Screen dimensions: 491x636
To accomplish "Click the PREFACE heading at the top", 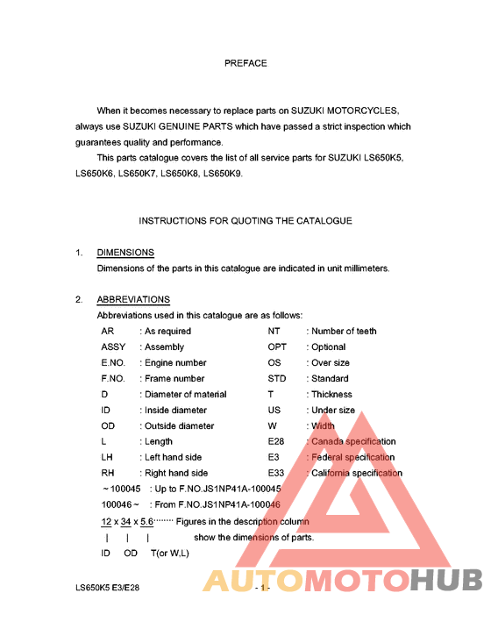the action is [x=245, y=63].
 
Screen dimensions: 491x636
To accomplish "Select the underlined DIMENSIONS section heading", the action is [x=125, y=253].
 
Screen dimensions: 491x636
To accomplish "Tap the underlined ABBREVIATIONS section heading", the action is [x=133, y=300].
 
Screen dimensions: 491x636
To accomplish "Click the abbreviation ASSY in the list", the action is [x=113, y=347].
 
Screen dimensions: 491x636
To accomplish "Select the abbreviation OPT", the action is [x=277, y=347].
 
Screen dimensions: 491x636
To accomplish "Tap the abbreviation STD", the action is [x=277, y=379].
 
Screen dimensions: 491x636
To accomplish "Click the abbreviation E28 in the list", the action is [x=277, y=442].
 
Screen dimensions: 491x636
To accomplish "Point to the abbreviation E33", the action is [x=277, y=474].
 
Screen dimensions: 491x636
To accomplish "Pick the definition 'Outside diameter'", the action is [x=179, y=426].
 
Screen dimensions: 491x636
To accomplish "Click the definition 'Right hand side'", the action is [x=175, y=474].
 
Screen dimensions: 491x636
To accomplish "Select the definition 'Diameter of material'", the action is [x=185, y=395].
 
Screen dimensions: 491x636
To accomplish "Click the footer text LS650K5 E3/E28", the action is [x=107, y=588].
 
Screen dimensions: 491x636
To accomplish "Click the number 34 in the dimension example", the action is [x=127, y=521].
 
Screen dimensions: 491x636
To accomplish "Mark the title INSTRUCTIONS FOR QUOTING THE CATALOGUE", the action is [x=245, y=221].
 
